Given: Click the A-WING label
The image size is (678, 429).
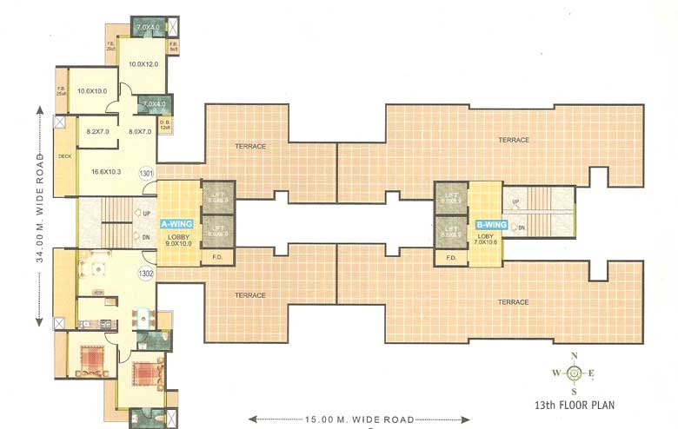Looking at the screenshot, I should pos(177,224).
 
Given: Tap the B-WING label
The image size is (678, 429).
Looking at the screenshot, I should pos(490,224).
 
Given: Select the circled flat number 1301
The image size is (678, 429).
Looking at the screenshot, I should pos(147,175).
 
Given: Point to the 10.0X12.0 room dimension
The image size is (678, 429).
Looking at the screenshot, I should pos(143,64).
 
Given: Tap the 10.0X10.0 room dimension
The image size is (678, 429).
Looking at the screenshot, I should pos(91,91).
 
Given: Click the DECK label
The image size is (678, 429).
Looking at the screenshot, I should pos(64,157).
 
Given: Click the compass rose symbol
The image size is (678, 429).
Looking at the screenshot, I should pos(574,373).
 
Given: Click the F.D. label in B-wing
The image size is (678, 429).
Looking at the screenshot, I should pos(451,258).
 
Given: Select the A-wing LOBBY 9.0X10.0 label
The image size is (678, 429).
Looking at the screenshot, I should pos(178,239).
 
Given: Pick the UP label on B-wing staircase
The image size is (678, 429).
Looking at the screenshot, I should pos(515,202).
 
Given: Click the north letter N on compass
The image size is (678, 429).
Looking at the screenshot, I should pos(574,356).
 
